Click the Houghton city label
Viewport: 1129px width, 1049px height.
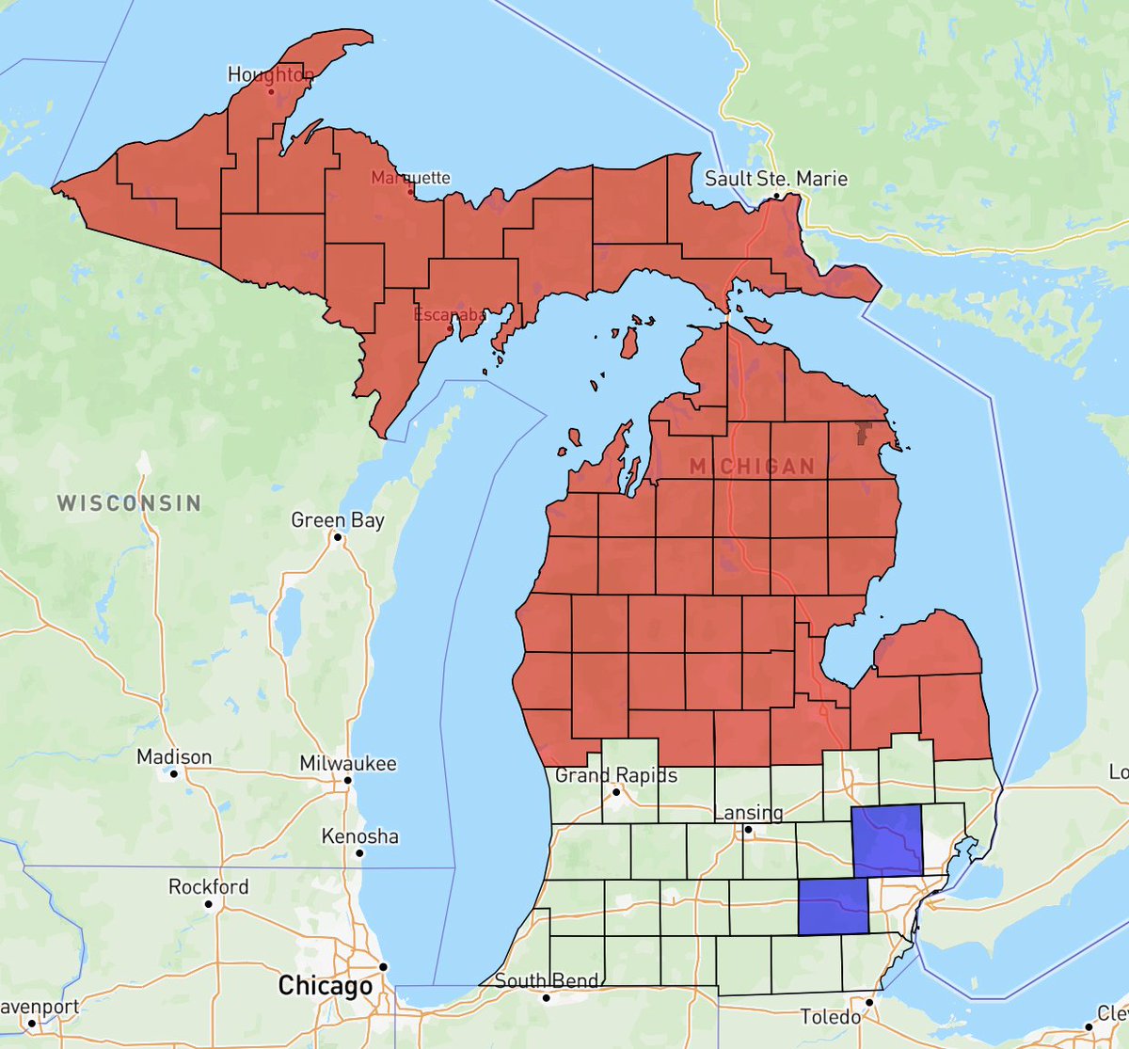270,75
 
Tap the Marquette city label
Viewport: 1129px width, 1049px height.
410,178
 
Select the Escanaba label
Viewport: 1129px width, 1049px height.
450,315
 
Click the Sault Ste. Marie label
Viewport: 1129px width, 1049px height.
776,179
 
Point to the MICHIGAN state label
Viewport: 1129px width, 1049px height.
752,467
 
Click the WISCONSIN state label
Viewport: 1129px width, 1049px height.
129,502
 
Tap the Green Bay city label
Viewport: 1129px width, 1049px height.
337,520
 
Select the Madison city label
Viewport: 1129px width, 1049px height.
174,757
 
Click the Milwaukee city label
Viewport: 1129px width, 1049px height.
348,764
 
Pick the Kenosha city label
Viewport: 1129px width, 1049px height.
359,836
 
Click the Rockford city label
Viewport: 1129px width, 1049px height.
209,886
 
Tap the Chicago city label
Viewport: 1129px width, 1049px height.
326,986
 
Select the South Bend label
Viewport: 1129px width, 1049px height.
546,981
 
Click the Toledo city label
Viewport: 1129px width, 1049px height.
831,1017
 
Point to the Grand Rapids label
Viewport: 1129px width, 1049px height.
615,776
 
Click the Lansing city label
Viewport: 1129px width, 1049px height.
749,813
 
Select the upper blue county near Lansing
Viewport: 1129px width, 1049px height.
886,839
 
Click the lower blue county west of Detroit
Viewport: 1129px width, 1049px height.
833,907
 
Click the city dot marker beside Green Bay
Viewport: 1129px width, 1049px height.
336,538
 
